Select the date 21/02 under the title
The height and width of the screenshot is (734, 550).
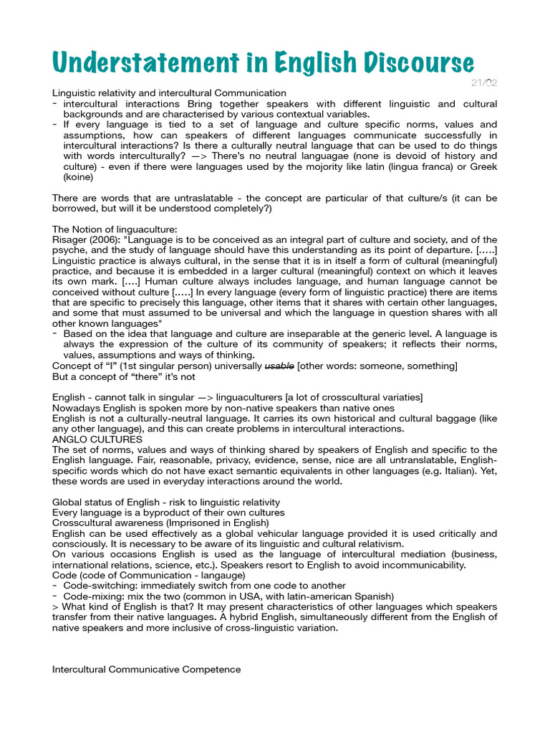pos(484,82)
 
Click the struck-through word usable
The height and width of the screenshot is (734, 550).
pos(279,366)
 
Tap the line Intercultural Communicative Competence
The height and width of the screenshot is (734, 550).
pos(147,669)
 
